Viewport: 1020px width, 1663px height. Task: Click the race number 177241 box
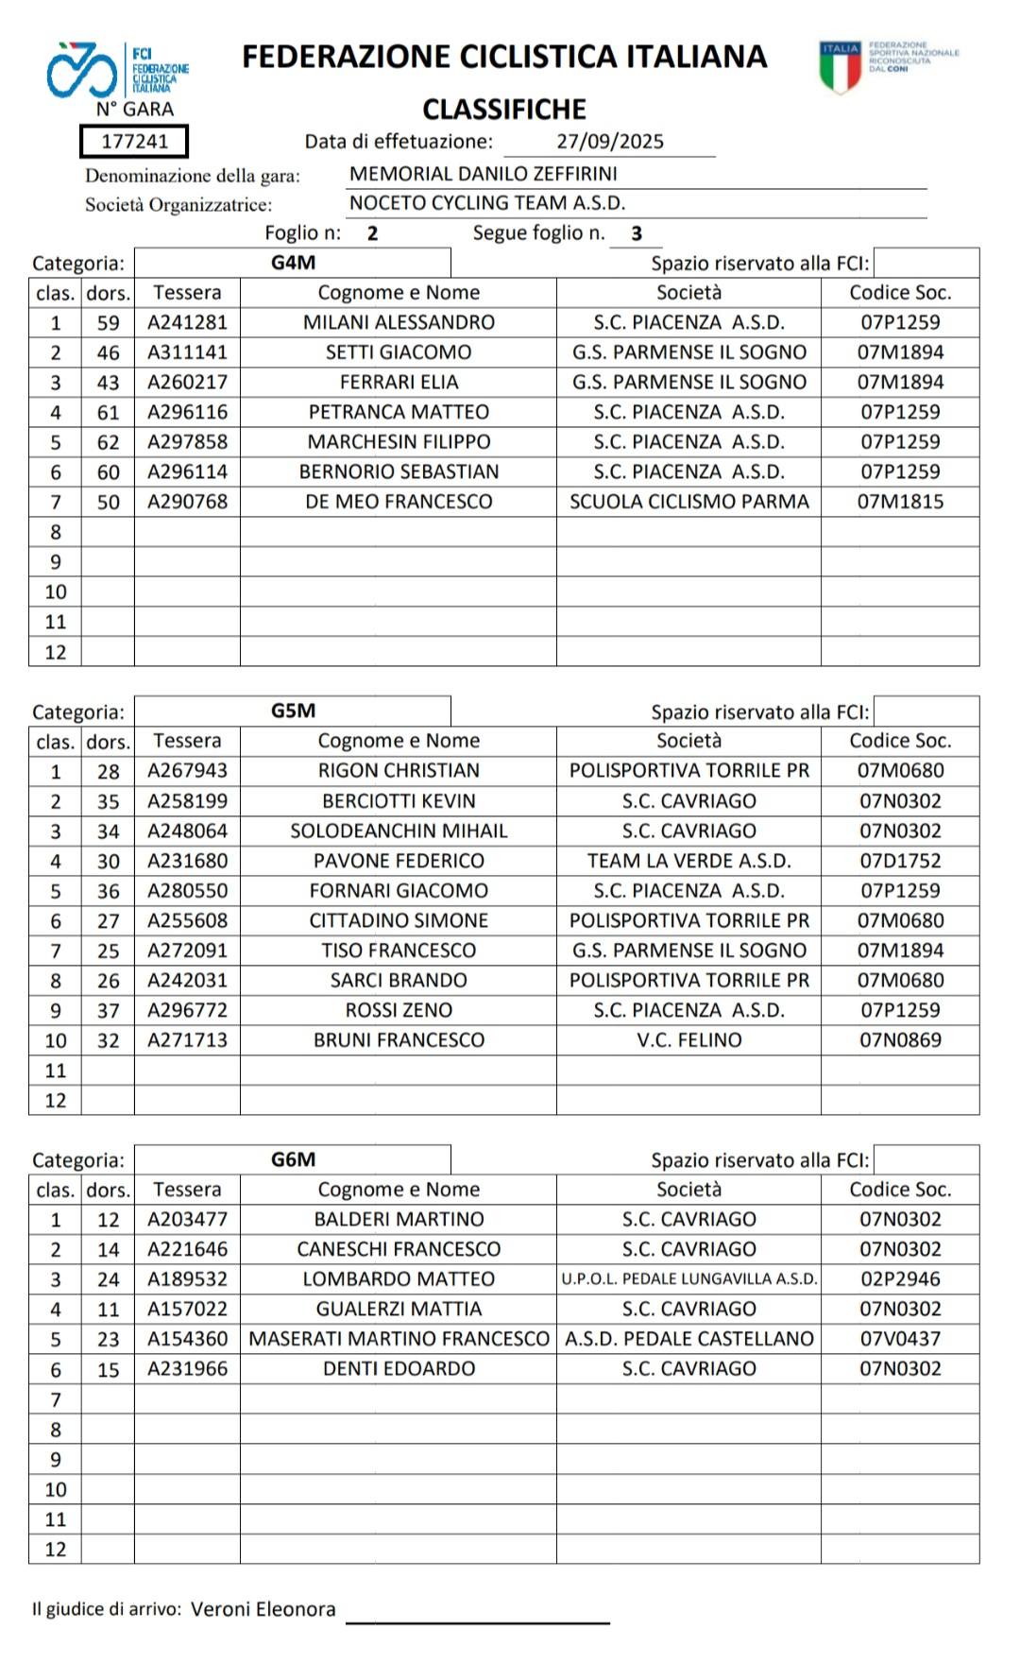point(134,142)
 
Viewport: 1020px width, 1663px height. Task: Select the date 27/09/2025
point(609,142)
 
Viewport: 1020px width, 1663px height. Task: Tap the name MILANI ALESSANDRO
point(399,322)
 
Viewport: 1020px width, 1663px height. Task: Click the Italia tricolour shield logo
point(840,66)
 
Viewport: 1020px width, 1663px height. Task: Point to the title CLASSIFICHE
point(504,110)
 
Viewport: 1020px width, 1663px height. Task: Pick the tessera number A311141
point(187,352)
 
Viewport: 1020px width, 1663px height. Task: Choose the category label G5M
point(293,711)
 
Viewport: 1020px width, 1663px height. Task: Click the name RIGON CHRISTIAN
point(399,771)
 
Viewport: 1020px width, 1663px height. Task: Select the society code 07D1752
point(900,861)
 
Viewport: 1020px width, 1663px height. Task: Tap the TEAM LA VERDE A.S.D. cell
point(688,861)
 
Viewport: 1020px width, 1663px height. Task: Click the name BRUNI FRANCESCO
point(399,1040)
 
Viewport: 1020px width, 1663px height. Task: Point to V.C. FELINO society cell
point(688,1040)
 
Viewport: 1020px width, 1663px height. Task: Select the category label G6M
point(293,1159)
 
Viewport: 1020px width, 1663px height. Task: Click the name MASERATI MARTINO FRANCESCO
point(399,1339)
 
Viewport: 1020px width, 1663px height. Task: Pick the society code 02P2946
point(900,1279)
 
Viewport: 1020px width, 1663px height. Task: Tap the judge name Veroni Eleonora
point(263,1609)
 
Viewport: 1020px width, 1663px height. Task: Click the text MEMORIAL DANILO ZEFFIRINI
point(484,174)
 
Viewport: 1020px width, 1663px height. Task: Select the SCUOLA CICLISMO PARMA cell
point(688,502)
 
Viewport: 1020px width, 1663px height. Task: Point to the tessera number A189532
point(187,1279)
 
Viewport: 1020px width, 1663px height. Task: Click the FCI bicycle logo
point(82,70)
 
